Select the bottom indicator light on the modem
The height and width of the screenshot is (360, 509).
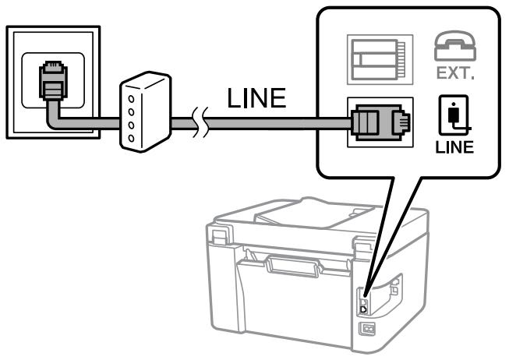(x=130, y=137)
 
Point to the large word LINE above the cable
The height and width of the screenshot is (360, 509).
(x=255, y=99)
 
